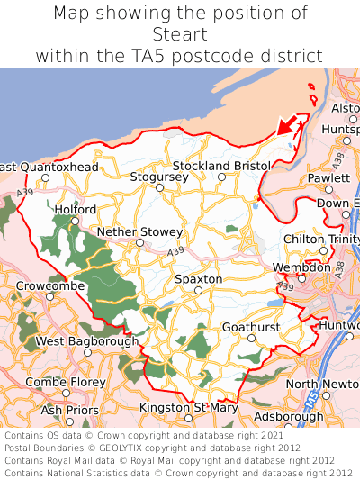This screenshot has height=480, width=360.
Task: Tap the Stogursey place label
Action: point(159,177)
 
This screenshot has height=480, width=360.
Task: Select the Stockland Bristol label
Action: point(221,167)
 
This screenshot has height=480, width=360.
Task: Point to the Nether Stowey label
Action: point(139,231)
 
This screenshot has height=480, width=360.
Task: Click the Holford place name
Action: point(75,209)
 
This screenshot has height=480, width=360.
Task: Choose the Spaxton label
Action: point(198,279)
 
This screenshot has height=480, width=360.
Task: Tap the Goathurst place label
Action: point(251,327)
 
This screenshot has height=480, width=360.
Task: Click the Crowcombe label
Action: point(50,285)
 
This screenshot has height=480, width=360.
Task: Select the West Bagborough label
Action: point(87,341)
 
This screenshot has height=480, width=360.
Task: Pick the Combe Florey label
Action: point(66,382)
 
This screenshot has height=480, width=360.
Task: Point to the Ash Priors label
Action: point(70,410)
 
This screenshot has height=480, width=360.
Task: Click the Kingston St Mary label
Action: point(188,408)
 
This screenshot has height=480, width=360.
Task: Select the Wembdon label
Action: point(301,267)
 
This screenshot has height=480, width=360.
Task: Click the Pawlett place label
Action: point(328,178)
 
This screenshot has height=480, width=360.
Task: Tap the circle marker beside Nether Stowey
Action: point(139,242)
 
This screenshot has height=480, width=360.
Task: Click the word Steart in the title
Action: point(180,35)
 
